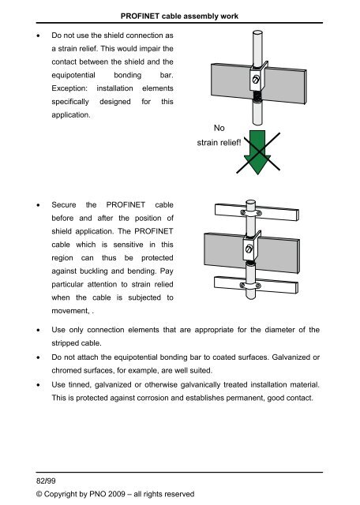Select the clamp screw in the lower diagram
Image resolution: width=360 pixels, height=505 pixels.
tap(250, 249)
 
